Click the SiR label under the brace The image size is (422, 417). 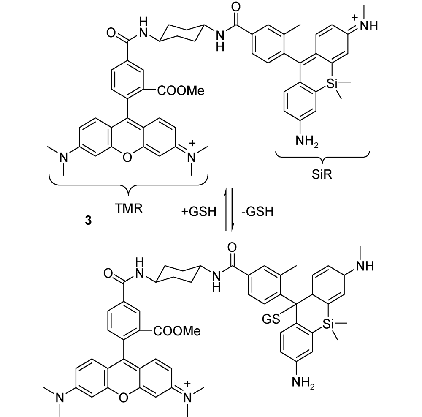click(322, 175)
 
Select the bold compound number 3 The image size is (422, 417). click(88, 221)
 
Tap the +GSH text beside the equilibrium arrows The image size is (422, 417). click(199, 212)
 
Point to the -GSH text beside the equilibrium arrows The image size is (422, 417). click(257, 212)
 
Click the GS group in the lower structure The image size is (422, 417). click(271, 319)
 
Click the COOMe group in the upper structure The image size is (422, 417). click(181, 91)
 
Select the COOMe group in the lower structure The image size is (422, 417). click(177, 331)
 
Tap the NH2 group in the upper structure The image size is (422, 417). click(307, 141)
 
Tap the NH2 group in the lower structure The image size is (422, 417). click(303, 382)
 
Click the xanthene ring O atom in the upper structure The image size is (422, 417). click(127, 157)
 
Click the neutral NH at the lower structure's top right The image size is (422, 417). click(365, 267)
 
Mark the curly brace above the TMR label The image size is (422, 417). click(129, 185)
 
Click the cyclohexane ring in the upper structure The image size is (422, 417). click(181, 33)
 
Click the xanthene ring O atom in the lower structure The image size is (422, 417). click(124, 398)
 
